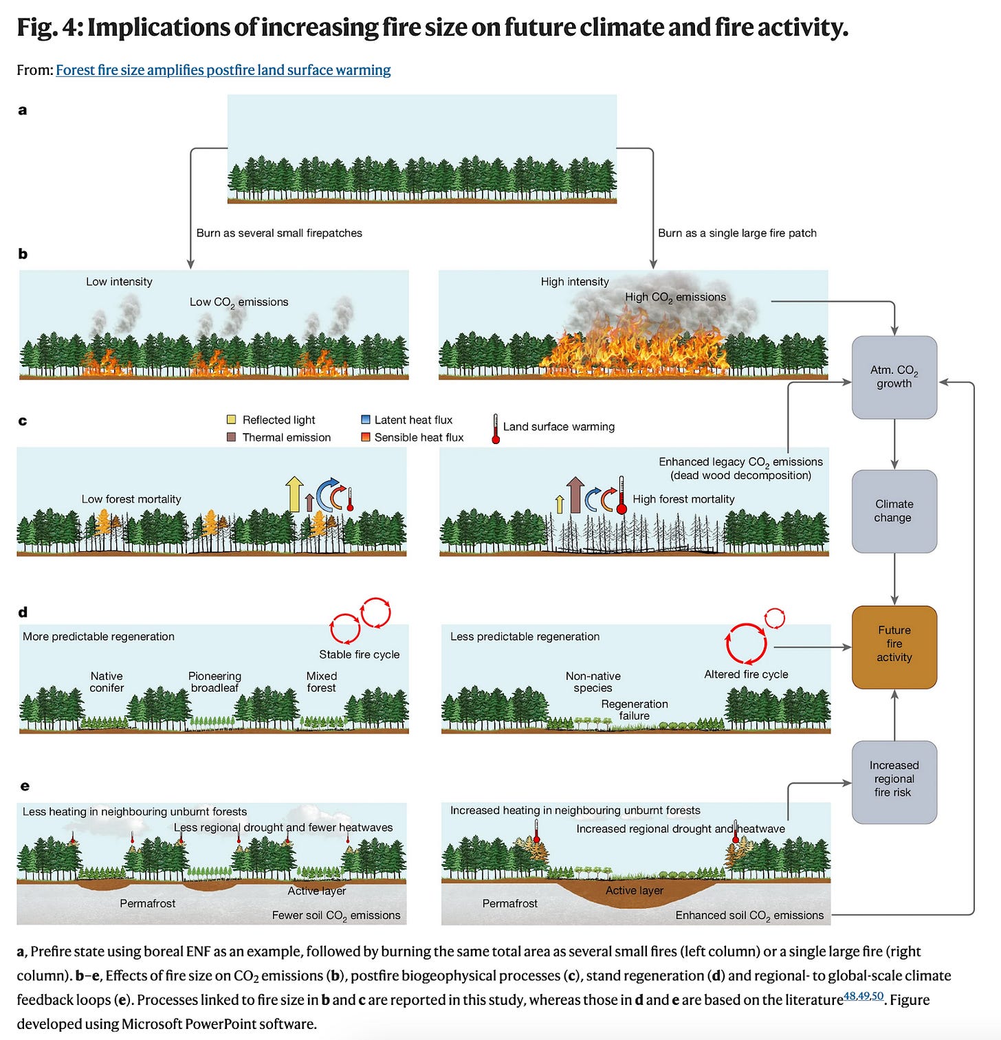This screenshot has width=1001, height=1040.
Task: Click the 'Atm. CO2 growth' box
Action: coord(894,377)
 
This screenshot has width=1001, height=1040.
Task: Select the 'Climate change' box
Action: coord(894,511)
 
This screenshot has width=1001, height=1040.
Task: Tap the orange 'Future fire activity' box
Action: coord(894,646)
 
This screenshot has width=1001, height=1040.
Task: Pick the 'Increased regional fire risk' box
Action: coord(894,781)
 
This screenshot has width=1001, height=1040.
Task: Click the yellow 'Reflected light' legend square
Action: coord(232,419)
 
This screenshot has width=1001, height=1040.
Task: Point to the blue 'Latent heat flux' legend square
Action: coord(366,419)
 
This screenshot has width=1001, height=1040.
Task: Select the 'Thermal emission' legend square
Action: coord(232,437)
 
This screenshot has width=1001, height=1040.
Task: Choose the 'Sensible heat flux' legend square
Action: coord(366,437)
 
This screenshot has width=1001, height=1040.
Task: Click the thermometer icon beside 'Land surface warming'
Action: coord(495,428)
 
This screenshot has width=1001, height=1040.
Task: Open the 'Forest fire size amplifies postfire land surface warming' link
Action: coord(223,70)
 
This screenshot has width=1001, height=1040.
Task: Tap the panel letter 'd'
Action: coord(23,612)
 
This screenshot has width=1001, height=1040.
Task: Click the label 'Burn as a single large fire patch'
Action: coord(737,233)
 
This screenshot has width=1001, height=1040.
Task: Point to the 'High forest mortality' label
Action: coord(683,499)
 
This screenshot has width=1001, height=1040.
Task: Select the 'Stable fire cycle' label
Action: coord(359,654)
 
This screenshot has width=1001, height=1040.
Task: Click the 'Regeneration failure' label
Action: coord(634,709)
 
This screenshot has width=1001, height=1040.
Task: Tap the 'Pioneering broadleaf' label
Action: coord(214,682)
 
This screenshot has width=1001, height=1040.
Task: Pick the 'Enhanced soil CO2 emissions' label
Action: coord(749,916)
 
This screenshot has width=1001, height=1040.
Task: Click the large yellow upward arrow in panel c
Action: coord(294,494)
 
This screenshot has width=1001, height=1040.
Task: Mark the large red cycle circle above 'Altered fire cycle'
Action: coord(746,643)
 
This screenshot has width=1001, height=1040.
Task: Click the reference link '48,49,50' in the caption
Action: coord(863,996)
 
